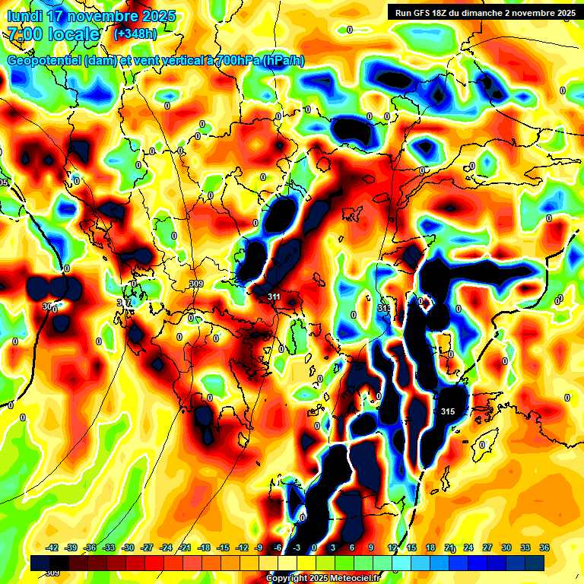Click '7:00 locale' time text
(54, 34)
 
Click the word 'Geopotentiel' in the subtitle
(43, 61)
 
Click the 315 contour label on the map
(447, 411)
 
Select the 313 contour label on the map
(384, 308)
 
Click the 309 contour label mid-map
(196, 284)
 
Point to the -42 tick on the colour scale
(52, 548)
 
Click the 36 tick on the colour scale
(544, 548)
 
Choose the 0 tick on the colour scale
(315, 548)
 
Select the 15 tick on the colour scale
(411, 548)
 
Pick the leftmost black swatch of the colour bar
(41, 563)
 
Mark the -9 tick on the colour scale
(259, 548)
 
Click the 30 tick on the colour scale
(506, 548)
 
